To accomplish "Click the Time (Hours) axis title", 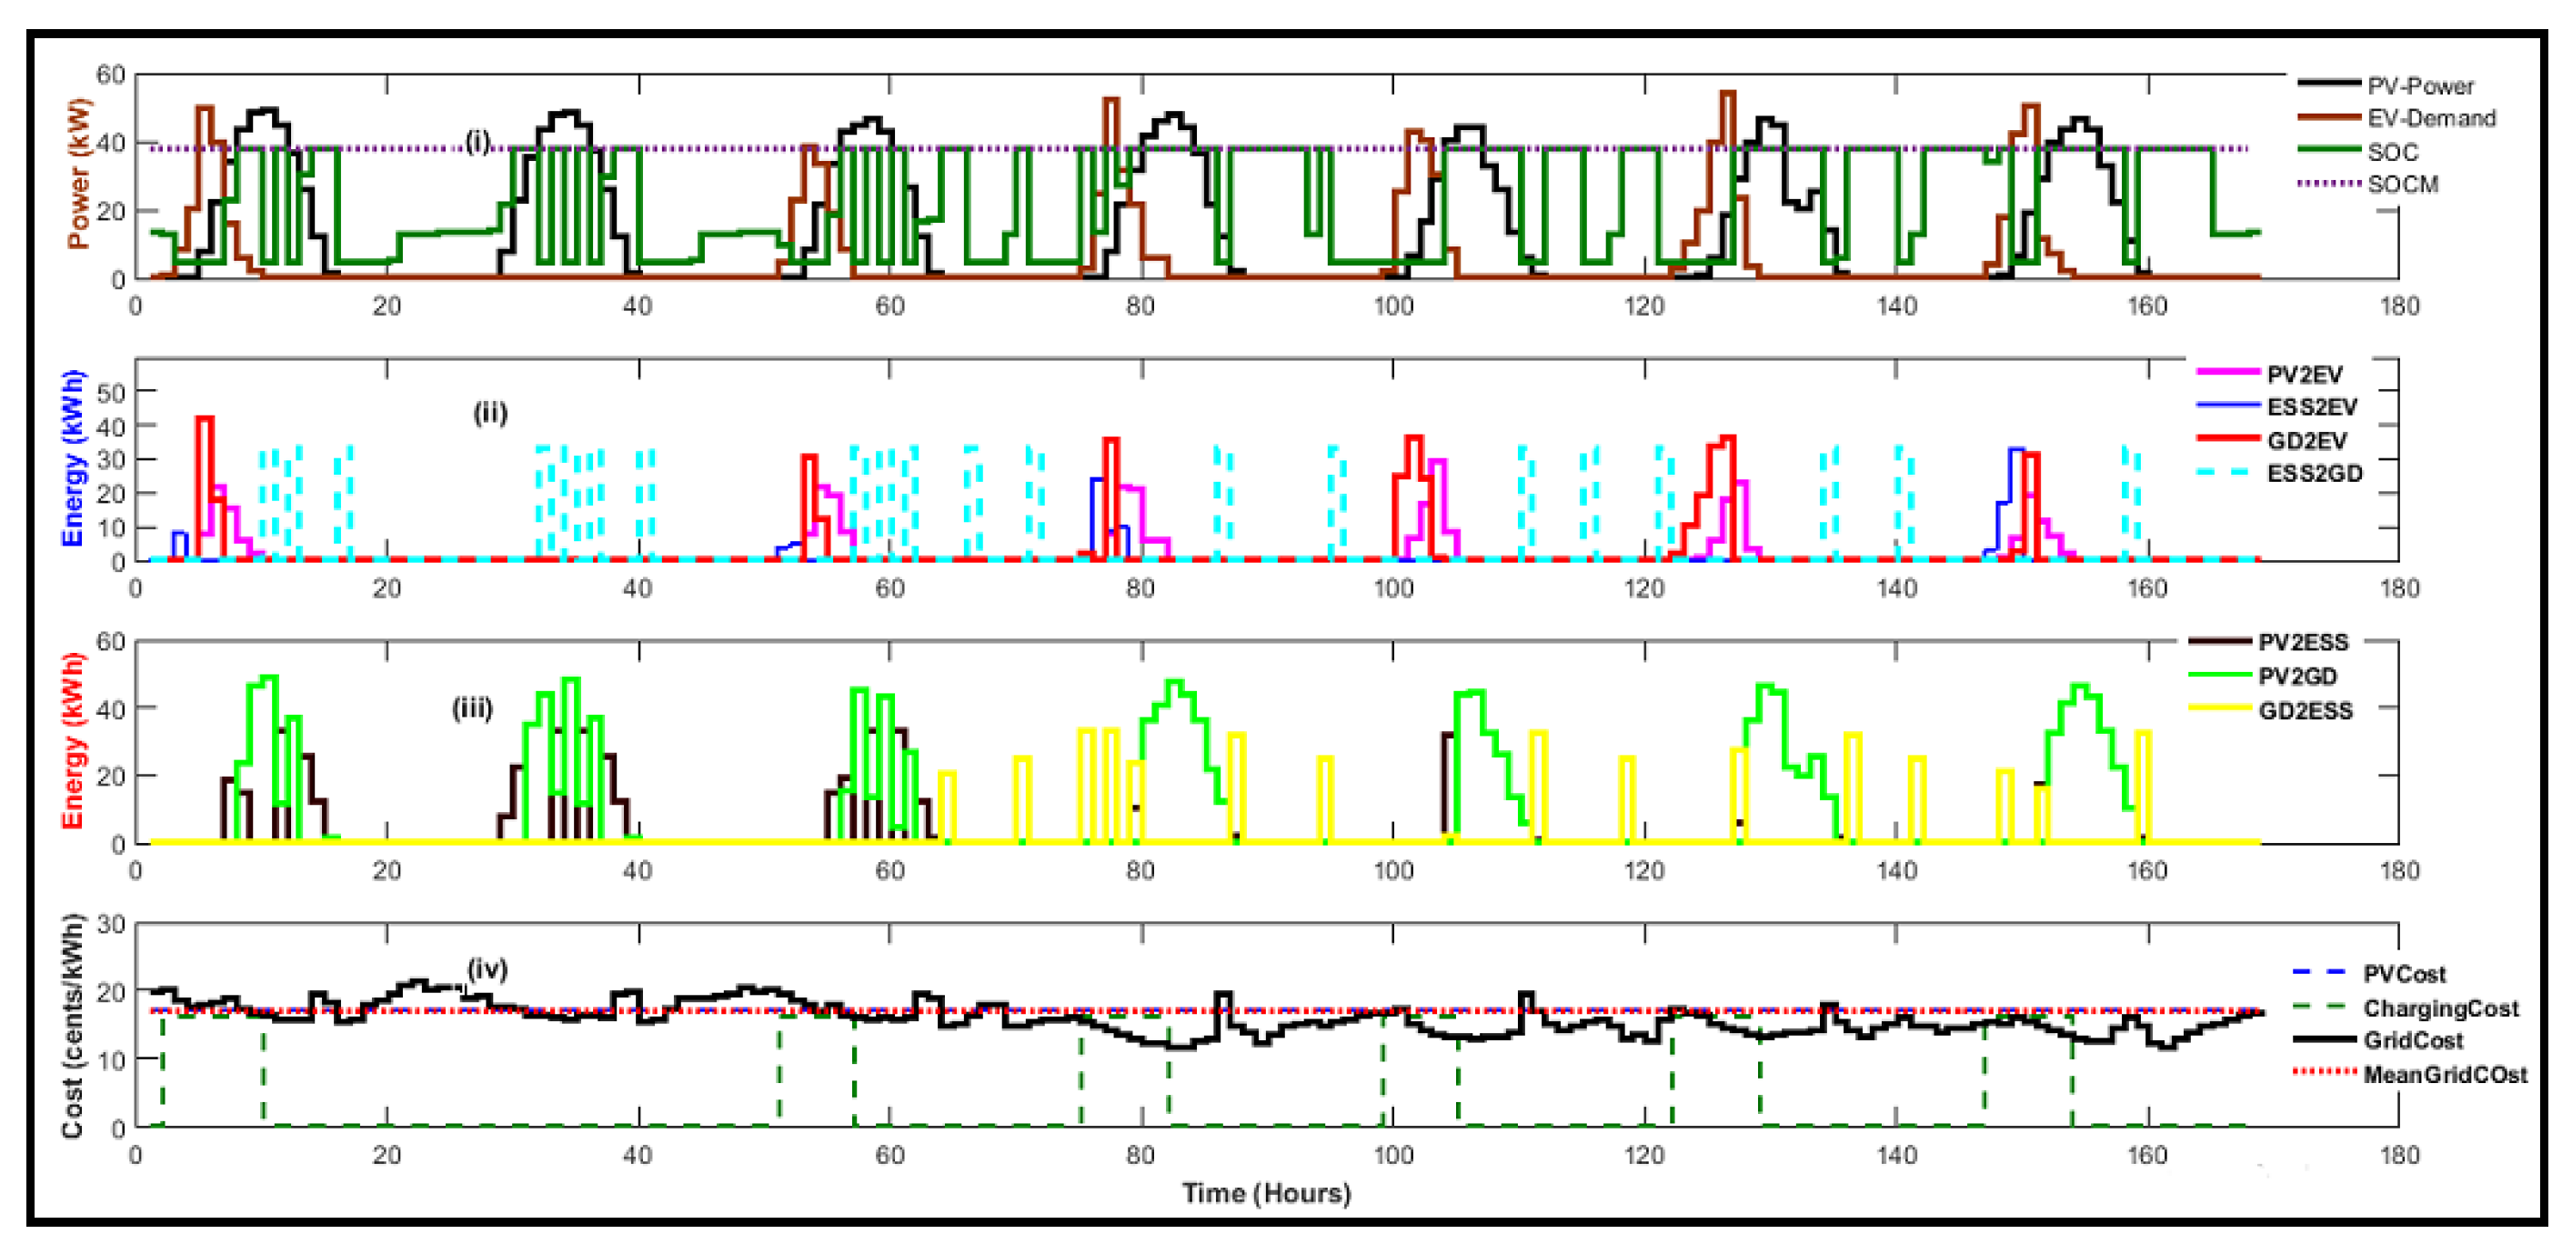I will (1265, 1193).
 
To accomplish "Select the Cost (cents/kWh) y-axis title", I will (72, 1027).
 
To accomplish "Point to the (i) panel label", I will (478, 142).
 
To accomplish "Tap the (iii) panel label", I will (472, 709).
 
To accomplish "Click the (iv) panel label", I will (487, 968).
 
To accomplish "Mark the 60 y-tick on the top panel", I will (110, 74).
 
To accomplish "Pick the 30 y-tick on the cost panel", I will (110, 924).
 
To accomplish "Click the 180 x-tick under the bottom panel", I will (2398, 1155).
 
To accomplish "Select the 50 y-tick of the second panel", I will (110, 391).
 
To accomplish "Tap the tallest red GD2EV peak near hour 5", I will (205, 419).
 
